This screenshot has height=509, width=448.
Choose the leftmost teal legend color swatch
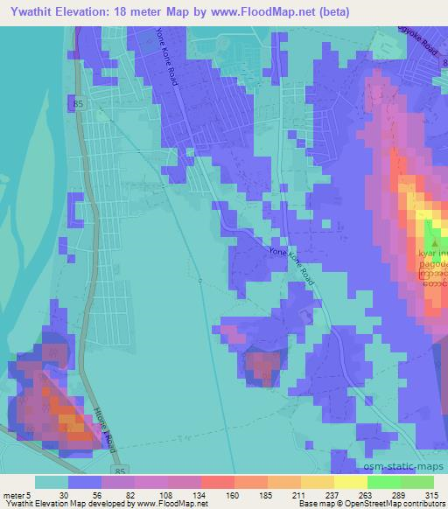[x=52, y=482]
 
